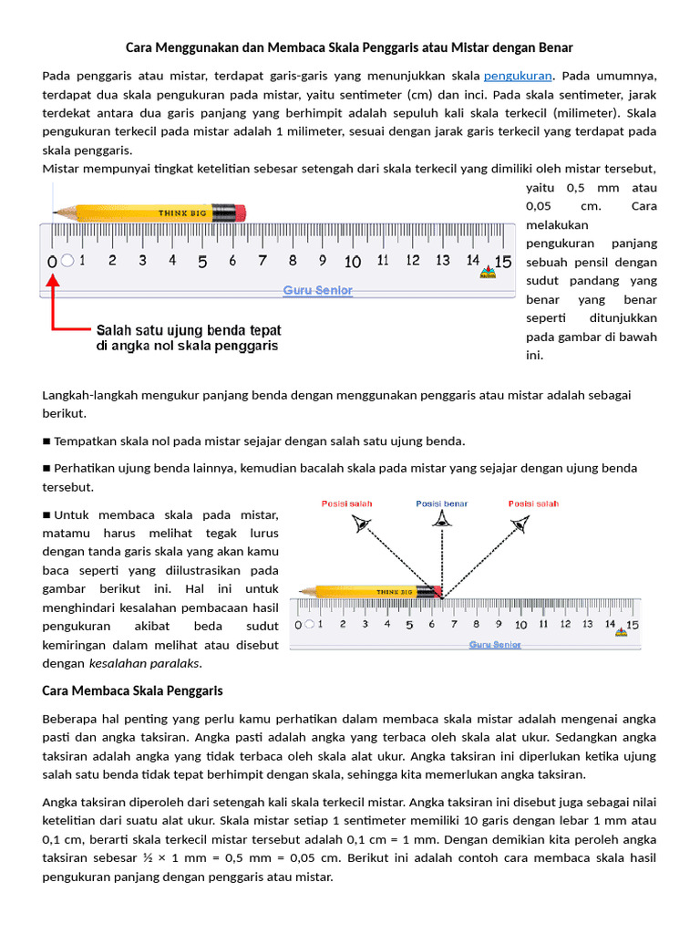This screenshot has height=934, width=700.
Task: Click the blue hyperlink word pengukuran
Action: click(x=517, y=75)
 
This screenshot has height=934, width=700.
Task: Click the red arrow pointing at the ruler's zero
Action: click(x=55, y=301)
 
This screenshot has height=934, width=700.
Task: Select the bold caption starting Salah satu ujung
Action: click(x=189, y=337)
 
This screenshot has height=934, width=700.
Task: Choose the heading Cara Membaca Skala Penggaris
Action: click(x=133, y=690)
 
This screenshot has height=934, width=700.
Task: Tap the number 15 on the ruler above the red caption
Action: click(x=502, y=261)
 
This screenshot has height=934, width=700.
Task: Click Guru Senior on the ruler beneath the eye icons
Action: click(x=495, y=644)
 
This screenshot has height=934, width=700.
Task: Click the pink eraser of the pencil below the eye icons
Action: click(x=437, y=591)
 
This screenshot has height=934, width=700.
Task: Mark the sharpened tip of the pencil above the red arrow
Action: click(x=56, y=212)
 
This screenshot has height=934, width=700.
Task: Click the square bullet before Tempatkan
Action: click(x=46, y=441)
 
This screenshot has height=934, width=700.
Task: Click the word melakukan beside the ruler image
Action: click(x=558, y=224)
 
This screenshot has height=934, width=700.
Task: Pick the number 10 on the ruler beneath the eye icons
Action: click(x=520, y=625)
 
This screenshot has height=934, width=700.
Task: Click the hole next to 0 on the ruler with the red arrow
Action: click(x=67, y=262)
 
